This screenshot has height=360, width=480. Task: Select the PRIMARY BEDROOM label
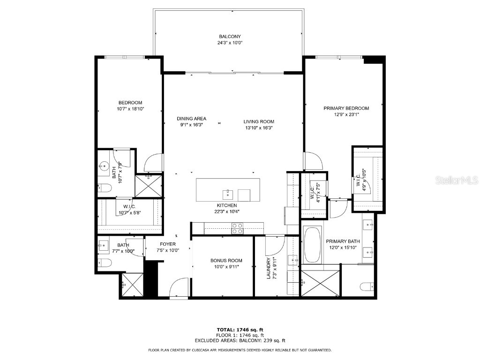(x=346, y=108)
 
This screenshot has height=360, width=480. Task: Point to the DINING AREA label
(x=191, y=119)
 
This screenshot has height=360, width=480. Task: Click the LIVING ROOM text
(x=259, y=121)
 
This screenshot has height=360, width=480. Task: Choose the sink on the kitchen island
(x=228, y=193)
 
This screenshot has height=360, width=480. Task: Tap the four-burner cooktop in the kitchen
(x=238, y=228)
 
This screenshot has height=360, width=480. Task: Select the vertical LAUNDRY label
(x=269, y=269)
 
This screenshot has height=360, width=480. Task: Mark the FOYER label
(x=168, y=244)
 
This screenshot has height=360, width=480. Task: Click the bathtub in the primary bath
(x=311, y=245)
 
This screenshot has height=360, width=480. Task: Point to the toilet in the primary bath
(x=367, y=286)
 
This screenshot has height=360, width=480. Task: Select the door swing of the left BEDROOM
(x=154, y=163)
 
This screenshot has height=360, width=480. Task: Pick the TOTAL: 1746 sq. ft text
(x=240, y=330)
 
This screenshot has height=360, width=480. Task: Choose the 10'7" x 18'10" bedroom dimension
(x=130, y=109)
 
